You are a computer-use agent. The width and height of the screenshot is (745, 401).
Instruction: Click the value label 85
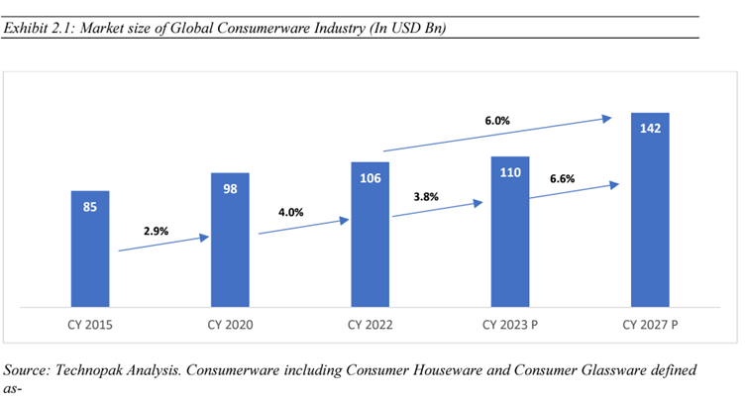90,208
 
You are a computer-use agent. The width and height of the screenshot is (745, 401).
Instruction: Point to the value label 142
649,128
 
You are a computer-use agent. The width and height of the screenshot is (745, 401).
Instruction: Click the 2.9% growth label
156,231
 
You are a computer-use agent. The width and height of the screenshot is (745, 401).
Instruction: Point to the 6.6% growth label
562,179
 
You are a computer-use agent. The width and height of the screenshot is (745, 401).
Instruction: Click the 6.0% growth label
497,121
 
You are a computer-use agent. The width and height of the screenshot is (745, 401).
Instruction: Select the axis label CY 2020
230,324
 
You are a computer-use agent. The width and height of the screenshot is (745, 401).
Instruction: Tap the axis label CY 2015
90,324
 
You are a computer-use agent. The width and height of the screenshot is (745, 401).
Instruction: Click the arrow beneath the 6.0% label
495,135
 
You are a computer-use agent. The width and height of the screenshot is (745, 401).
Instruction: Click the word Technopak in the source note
96,369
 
